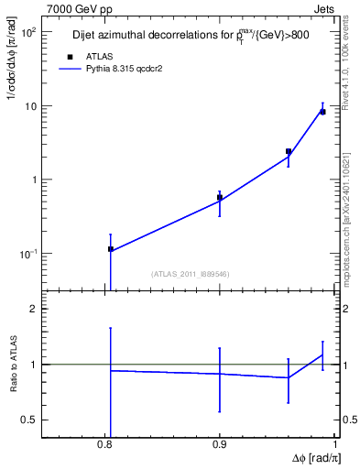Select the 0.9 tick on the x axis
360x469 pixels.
click(x=220, y=446)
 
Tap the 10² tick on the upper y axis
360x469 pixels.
click(x=28, y=32)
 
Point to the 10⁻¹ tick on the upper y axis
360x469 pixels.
click(x=28, y=254)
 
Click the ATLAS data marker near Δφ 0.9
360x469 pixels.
click(x=220, y=197)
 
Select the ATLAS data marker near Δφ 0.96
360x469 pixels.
click(x=289, y=151)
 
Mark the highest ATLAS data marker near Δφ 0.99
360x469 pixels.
click(x=322, y=112)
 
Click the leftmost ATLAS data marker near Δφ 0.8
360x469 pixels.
click(x=111, y=249)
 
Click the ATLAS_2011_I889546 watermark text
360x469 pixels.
click(x=190, y=273)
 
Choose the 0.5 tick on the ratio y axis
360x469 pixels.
click(x=28, y=420)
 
